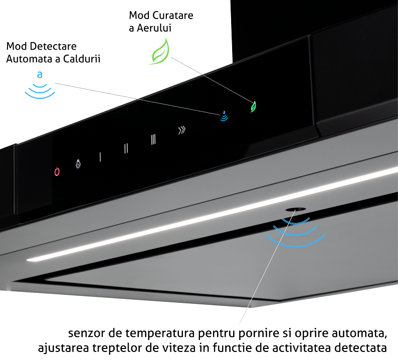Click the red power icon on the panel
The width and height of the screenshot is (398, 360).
57,171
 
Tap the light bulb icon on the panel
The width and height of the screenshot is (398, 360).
78,163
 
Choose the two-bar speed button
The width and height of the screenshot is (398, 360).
126,148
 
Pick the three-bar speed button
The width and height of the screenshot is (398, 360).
153,139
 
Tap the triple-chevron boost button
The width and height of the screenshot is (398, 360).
181,130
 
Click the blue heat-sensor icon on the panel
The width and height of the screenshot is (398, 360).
225,116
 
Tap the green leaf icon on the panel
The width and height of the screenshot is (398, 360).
254,106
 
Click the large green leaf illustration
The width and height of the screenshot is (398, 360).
160,53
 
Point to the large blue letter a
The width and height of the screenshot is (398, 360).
40,76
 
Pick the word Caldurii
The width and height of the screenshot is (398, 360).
83,59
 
